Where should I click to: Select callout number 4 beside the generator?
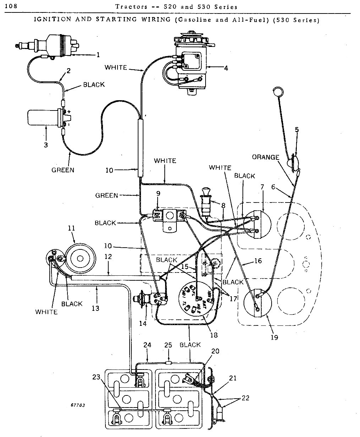[x=226, y=68]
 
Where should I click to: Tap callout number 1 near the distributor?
[x=98, y=55]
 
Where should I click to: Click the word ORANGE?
[x=266, y=157]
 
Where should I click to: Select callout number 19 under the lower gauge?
[x=274, y=337]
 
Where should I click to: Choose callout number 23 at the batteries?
[x=96, y=378]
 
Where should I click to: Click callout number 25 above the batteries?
[x=168, y=345]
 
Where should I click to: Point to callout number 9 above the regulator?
[x=158, y=194]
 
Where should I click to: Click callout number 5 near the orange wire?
[x=297, y=130]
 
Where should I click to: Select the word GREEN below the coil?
[x=63, y=170]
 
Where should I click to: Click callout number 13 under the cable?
[x=96, y=308]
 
